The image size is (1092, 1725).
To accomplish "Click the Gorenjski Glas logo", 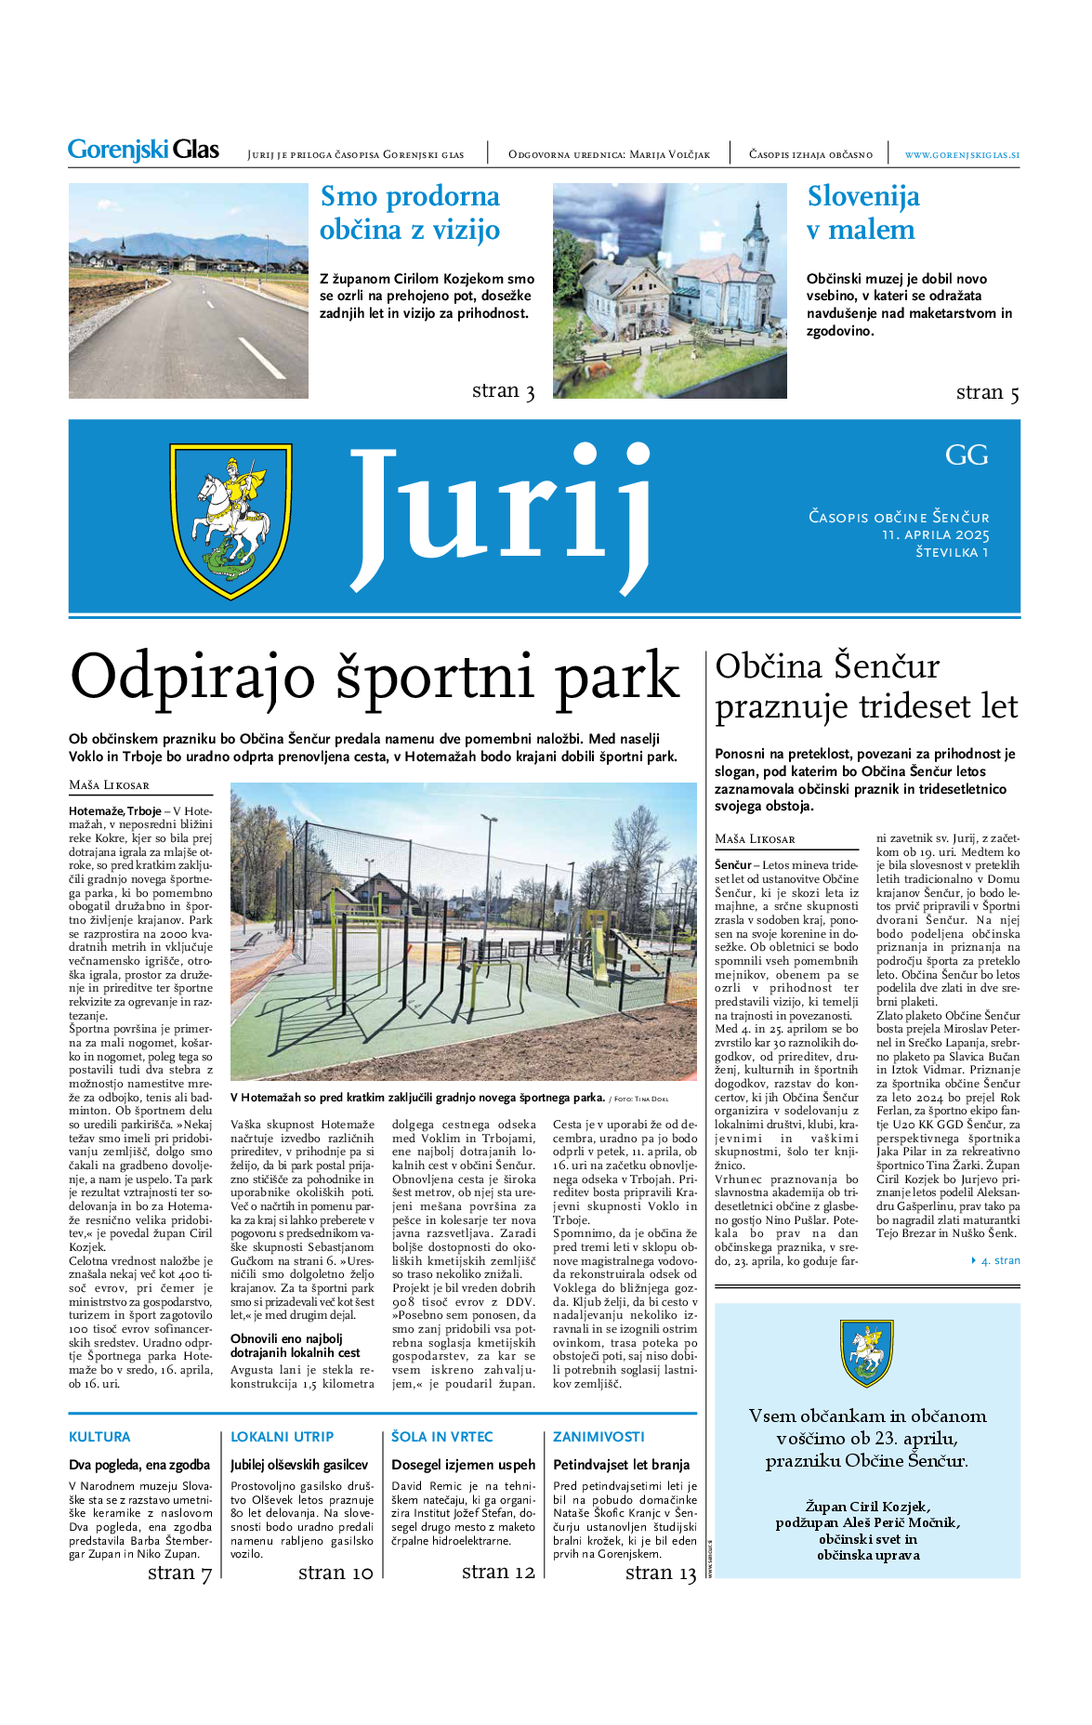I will pyautogui.click(x=143, y=150).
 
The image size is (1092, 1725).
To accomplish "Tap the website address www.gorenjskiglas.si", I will pyautogui.click(x=961, y=155).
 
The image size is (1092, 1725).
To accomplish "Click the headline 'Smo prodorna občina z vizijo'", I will pyautogui.click(x=410, y=213).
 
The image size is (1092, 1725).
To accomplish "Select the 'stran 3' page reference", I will pyautogui.click(x=503, y=391).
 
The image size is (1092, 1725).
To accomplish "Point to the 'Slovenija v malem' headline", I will pyautogui.click(x=862, y=213).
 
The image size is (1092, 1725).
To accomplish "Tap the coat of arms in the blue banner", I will pyautogui.click(x=230, y=521).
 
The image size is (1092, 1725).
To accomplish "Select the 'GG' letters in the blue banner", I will pyautogui.click(x=967, y=455).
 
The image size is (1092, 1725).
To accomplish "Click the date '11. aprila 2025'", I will pyautogui.click(x=935, y=534).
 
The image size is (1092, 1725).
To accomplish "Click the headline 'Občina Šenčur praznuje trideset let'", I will pyautogui.click(x=866, y=686).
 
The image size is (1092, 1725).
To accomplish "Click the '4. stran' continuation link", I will pyautogui.click(x=999, y=1260).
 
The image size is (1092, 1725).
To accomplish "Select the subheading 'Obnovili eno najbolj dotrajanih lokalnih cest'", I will pyautogui.click(x=296, y=1345).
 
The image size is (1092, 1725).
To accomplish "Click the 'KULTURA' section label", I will pyautogui.click(x=99, y=1436).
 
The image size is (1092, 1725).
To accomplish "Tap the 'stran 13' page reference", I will pyautogui.click(x=660, y=1573).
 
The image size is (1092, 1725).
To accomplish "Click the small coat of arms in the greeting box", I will pyautogui.click(x=866, y=1352).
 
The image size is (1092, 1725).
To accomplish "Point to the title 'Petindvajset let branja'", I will pyautogui.click(x=621, y=1465).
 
